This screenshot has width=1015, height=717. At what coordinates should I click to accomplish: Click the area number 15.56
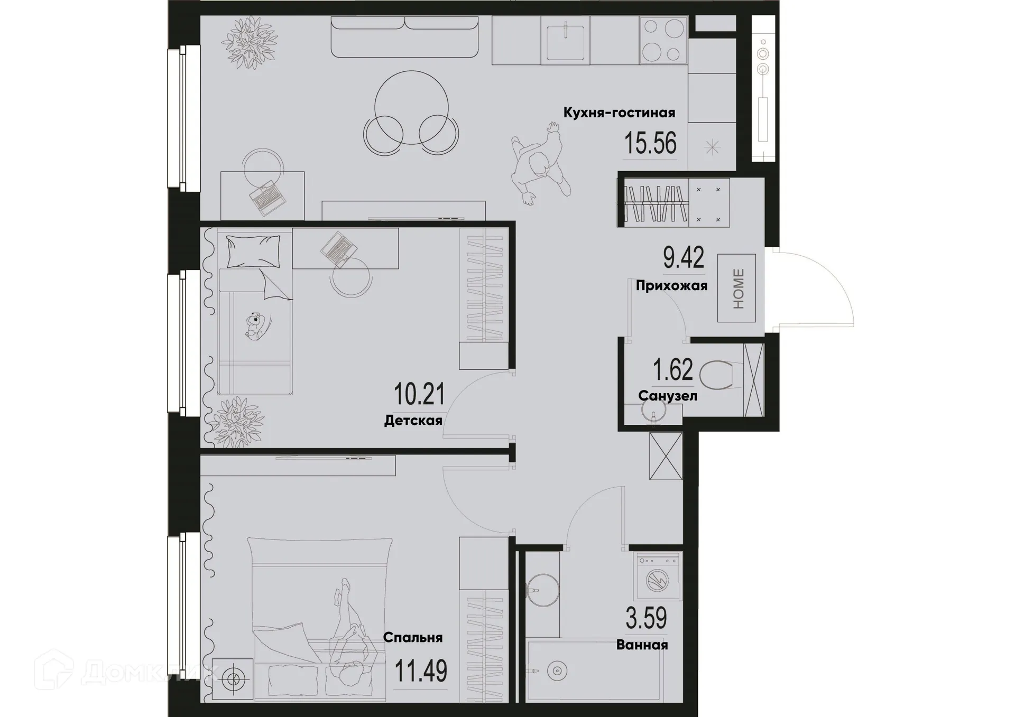tap(650, 143)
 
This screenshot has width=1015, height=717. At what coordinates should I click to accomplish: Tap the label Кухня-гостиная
tap(619, 113)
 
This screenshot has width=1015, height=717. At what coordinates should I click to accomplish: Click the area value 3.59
tap(646, 619)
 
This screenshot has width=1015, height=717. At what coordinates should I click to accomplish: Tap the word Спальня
tap(412, 638)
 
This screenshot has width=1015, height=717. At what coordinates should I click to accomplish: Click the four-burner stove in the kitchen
tap(663, 40)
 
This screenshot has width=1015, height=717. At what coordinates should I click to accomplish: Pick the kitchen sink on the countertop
tap(565, 40)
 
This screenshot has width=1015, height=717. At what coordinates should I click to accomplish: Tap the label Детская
tap(413, 421)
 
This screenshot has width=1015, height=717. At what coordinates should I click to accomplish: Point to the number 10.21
tap(419, 394)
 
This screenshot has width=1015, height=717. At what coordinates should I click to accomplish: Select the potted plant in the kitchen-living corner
tap(249, 42)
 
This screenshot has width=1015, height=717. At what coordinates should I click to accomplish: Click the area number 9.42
tap(684, 258)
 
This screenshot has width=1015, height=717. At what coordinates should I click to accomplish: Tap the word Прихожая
tap(671, 286)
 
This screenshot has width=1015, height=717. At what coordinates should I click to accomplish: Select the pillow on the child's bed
tap(253, 251)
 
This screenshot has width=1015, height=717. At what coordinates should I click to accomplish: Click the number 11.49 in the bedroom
tap(421, 672)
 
